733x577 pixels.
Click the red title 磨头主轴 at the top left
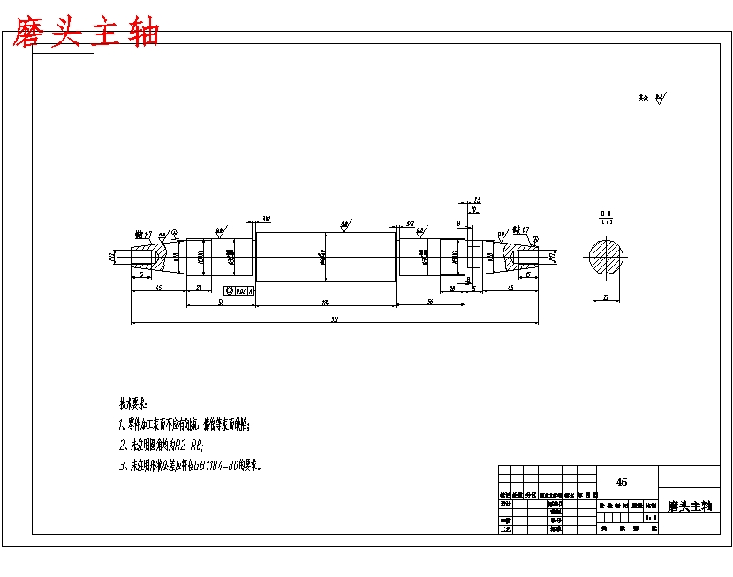pos(86,34)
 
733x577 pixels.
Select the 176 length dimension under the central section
pos(325,303)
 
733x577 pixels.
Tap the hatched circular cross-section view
pos(608,257)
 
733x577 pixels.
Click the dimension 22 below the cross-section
pos(607,298)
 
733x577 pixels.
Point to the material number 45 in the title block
pos(622,482)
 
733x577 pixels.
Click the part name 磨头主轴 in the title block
pos(689,506)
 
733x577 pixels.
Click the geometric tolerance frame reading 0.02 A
pos(239,289)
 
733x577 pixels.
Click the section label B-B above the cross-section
pos(606,214)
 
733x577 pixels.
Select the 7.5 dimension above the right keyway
pos(477,200)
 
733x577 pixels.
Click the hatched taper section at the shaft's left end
pos(147,258)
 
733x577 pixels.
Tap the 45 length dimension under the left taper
pos(158,288)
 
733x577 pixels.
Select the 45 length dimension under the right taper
pos(510,288)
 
